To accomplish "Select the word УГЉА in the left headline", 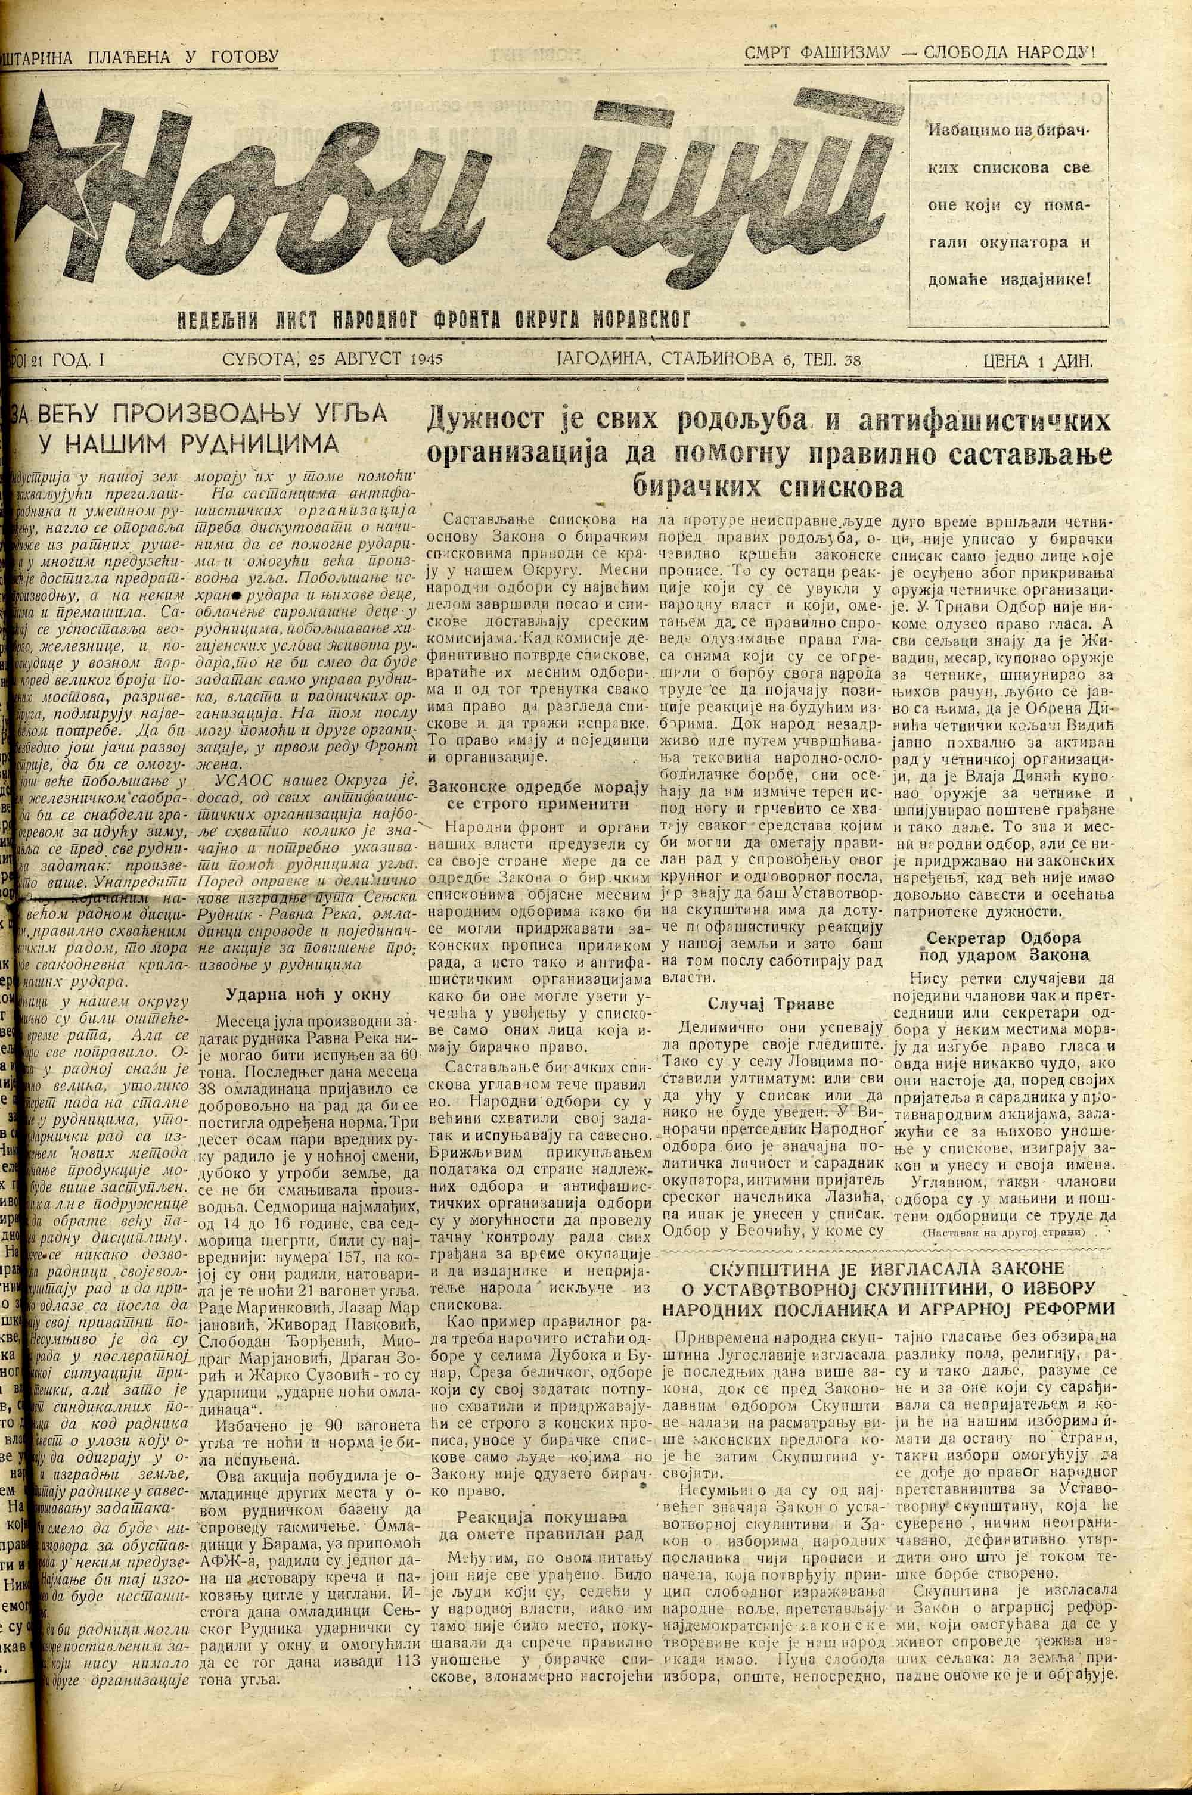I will (x=350, y=413).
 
